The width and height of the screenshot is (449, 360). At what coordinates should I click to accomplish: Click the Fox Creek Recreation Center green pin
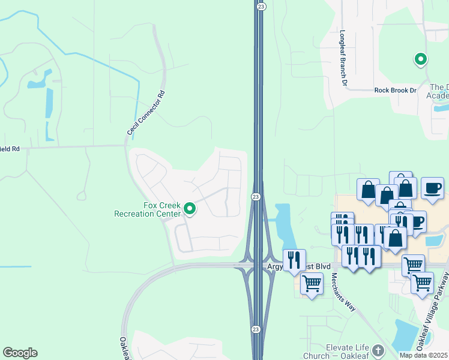[x=190, y=209]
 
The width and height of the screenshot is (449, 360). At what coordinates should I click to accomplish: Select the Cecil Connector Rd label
[x=145, y=113]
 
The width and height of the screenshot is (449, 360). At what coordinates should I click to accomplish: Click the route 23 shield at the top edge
[x=261, y=5]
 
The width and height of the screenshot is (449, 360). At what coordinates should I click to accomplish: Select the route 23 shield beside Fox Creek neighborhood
[x=256, y=197]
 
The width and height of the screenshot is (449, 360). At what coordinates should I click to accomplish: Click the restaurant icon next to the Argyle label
[x=294, y=260]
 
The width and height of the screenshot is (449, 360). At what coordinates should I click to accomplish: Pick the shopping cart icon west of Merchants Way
[x=312, y=283]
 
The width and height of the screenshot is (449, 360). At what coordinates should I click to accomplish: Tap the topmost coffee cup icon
[x=432, y=188]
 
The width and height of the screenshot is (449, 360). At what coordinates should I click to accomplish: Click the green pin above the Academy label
[x=421, y=59]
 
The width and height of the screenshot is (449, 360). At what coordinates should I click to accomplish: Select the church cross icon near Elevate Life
[x=378, y=350]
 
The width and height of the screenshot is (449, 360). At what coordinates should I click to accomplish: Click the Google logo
[x=20, y=353]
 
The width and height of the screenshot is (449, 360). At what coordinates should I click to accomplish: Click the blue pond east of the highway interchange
[x=281, y=222]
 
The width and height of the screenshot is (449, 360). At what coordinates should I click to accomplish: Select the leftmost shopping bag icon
[x=368, y=190]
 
